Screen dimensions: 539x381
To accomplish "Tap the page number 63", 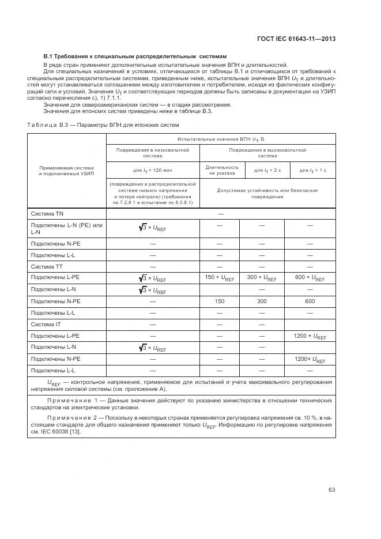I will pos(331,490).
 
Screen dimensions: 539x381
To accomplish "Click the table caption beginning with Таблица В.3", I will pos(103,125).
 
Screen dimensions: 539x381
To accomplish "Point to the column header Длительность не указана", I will pos(219,170).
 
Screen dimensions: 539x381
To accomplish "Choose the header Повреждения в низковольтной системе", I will pos(153,153).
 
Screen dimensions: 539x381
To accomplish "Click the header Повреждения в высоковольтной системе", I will pos(267,153).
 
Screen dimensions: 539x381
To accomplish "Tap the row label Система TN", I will pos(47,213).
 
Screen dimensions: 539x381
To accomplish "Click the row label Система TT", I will pos(47,266).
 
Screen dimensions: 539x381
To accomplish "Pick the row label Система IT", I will pos(46,324).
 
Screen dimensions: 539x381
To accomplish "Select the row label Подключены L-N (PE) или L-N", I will pos(66,228).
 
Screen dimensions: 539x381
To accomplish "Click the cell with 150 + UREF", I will pos(219,278).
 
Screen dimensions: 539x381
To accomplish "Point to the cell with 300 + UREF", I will pos(261,278).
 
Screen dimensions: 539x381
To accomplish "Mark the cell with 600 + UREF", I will pos(310,278).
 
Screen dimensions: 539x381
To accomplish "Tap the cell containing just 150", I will pos(219,301).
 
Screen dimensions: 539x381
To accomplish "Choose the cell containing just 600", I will pos(310,301).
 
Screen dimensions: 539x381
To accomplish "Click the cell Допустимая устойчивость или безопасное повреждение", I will pos(267,193).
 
